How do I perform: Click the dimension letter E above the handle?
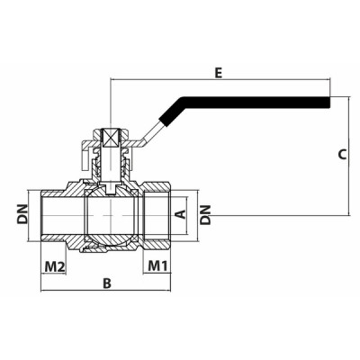click(x=219, y=72)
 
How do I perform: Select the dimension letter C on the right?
click(x=342, y=154)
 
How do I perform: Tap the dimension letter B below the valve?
click(x=106, y=283)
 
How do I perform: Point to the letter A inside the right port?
click(x=179, y=214)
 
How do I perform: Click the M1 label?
click(x=158, y=266)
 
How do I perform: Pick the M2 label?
click(x=56, y=266)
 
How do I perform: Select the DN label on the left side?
click(x=22, y=214)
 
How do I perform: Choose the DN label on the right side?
click(x=206, y=214)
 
